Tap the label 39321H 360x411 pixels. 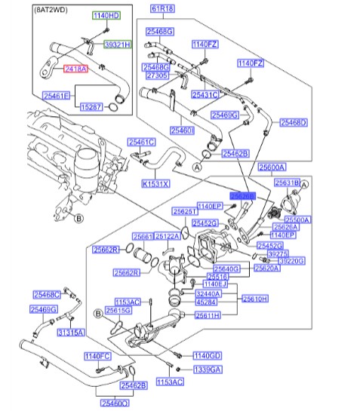click(x=117, y=45)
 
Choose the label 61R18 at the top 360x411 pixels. click(x=162, y=9)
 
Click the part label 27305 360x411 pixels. click(x=155, y=76)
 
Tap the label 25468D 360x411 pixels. click(x=293, y=121)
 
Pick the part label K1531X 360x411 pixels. click(x=156, y=183)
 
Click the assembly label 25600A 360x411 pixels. click(x=271, y=167)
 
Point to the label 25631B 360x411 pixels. click(x=287, y=182)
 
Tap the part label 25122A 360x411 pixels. click(x=167, y=236)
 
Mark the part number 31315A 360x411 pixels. click(x=71, y=332)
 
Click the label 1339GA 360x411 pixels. click(x=206, y=370)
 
